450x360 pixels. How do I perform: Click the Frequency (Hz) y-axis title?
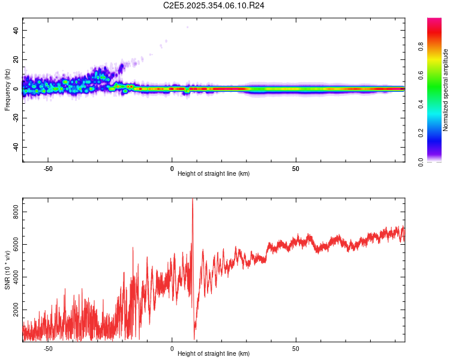[x=7, y=89]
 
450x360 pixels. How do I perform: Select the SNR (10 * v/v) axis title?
[x=7, y=269]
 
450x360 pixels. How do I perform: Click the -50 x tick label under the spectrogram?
[x=48, y=169]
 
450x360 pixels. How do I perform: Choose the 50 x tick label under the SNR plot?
[x=296, y=349]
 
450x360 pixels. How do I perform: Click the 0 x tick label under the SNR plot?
[x=172, y=349]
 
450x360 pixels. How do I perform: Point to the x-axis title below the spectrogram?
[x=214, y=174]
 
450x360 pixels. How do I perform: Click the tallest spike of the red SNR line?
[x=192, y=200]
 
